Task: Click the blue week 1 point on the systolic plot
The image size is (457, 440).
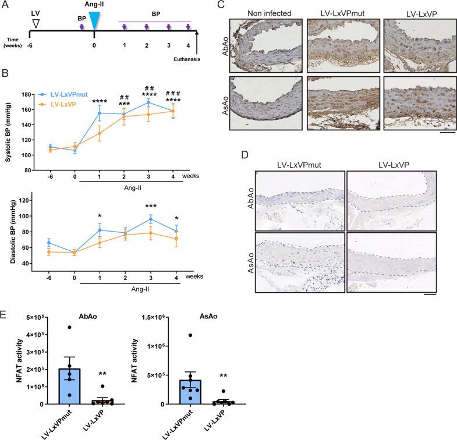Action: [100, 113]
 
